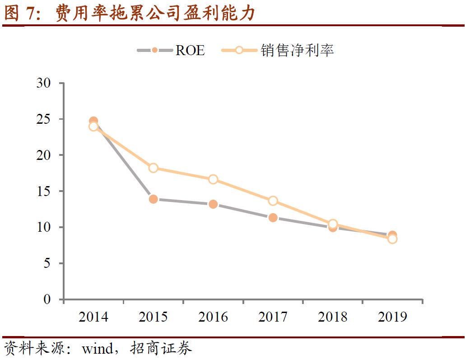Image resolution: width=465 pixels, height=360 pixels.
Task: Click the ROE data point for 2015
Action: click(x=153, y=199)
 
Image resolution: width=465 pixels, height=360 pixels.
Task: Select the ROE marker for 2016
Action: click(x=213, y=204)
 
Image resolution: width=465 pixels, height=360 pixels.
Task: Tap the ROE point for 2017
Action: click(x=273, y=218)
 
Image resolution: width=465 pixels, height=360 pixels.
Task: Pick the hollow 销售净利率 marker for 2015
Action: click(x=153, y=168)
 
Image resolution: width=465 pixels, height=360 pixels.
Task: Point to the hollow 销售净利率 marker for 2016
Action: click(x=213, y=179)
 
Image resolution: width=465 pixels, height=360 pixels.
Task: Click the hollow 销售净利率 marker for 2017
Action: click(x=273, y=201)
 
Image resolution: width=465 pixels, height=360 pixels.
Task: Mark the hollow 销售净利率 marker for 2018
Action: click(x=333, y=224)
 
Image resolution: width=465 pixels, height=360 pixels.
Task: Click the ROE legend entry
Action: click(x=172, y=50)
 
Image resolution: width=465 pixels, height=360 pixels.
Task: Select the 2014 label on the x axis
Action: click(x=93, y=317)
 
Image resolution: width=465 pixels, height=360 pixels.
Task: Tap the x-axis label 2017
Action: click(x=273, y=317)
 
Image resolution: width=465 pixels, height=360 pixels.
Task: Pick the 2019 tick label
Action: click(x=392, y=317)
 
